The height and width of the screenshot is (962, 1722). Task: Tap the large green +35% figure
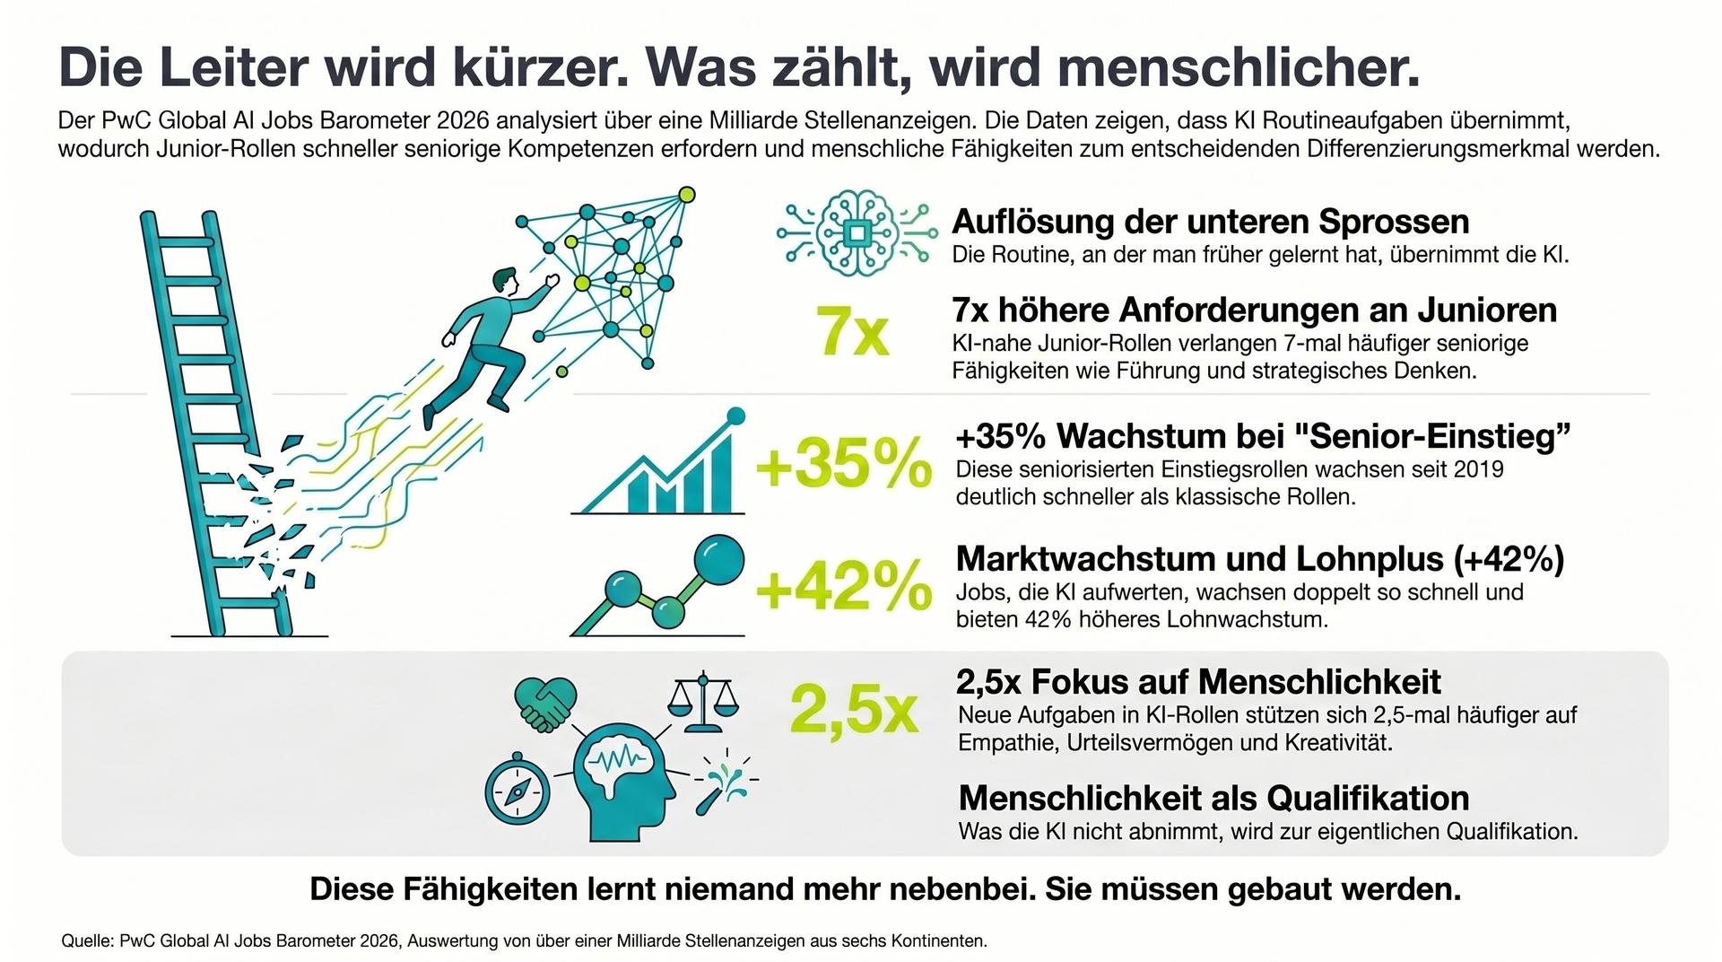844,464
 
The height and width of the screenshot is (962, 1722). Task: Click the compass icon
517,789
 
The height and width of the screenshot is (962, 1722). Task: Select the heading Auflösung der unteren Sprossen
1211,221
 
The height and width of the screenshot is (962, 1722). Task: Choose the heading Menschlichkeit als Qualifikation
1213,798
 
